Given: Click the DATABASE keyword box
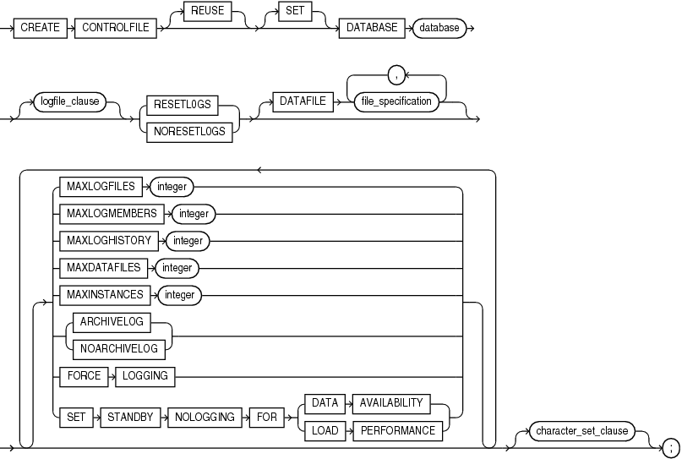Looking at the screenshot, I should (372, 28).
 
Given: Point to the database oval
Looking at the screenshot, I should (439, 28).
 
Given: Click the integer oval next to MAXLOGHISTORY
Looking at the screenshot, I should (188, 241).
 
